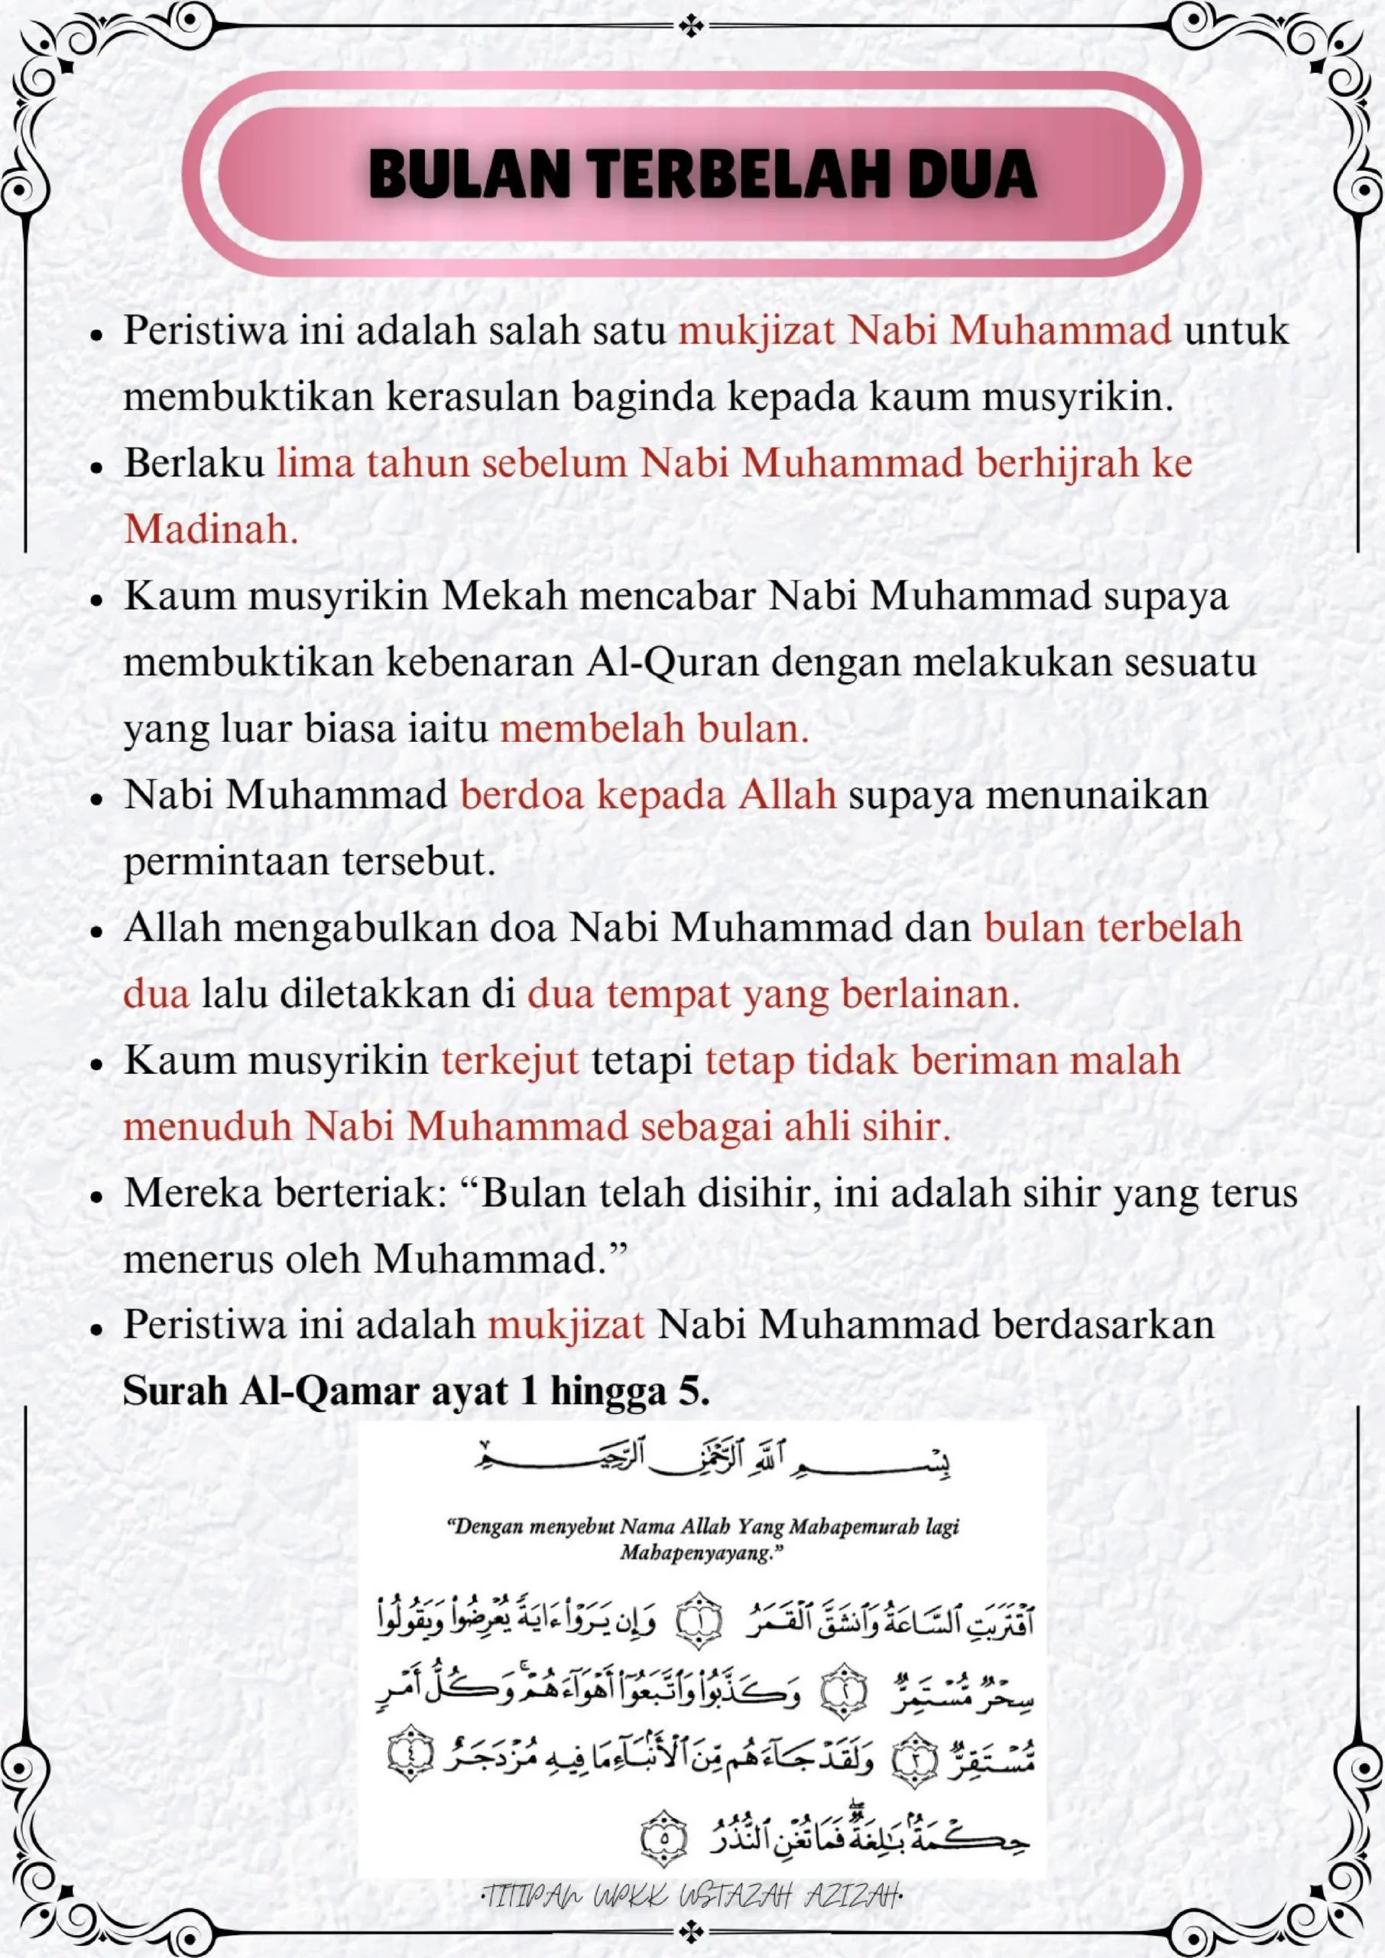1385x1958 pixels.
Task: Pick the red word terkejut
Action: [510, 1061]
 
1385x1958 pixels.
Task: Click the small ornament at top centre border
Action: [692, 28]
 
